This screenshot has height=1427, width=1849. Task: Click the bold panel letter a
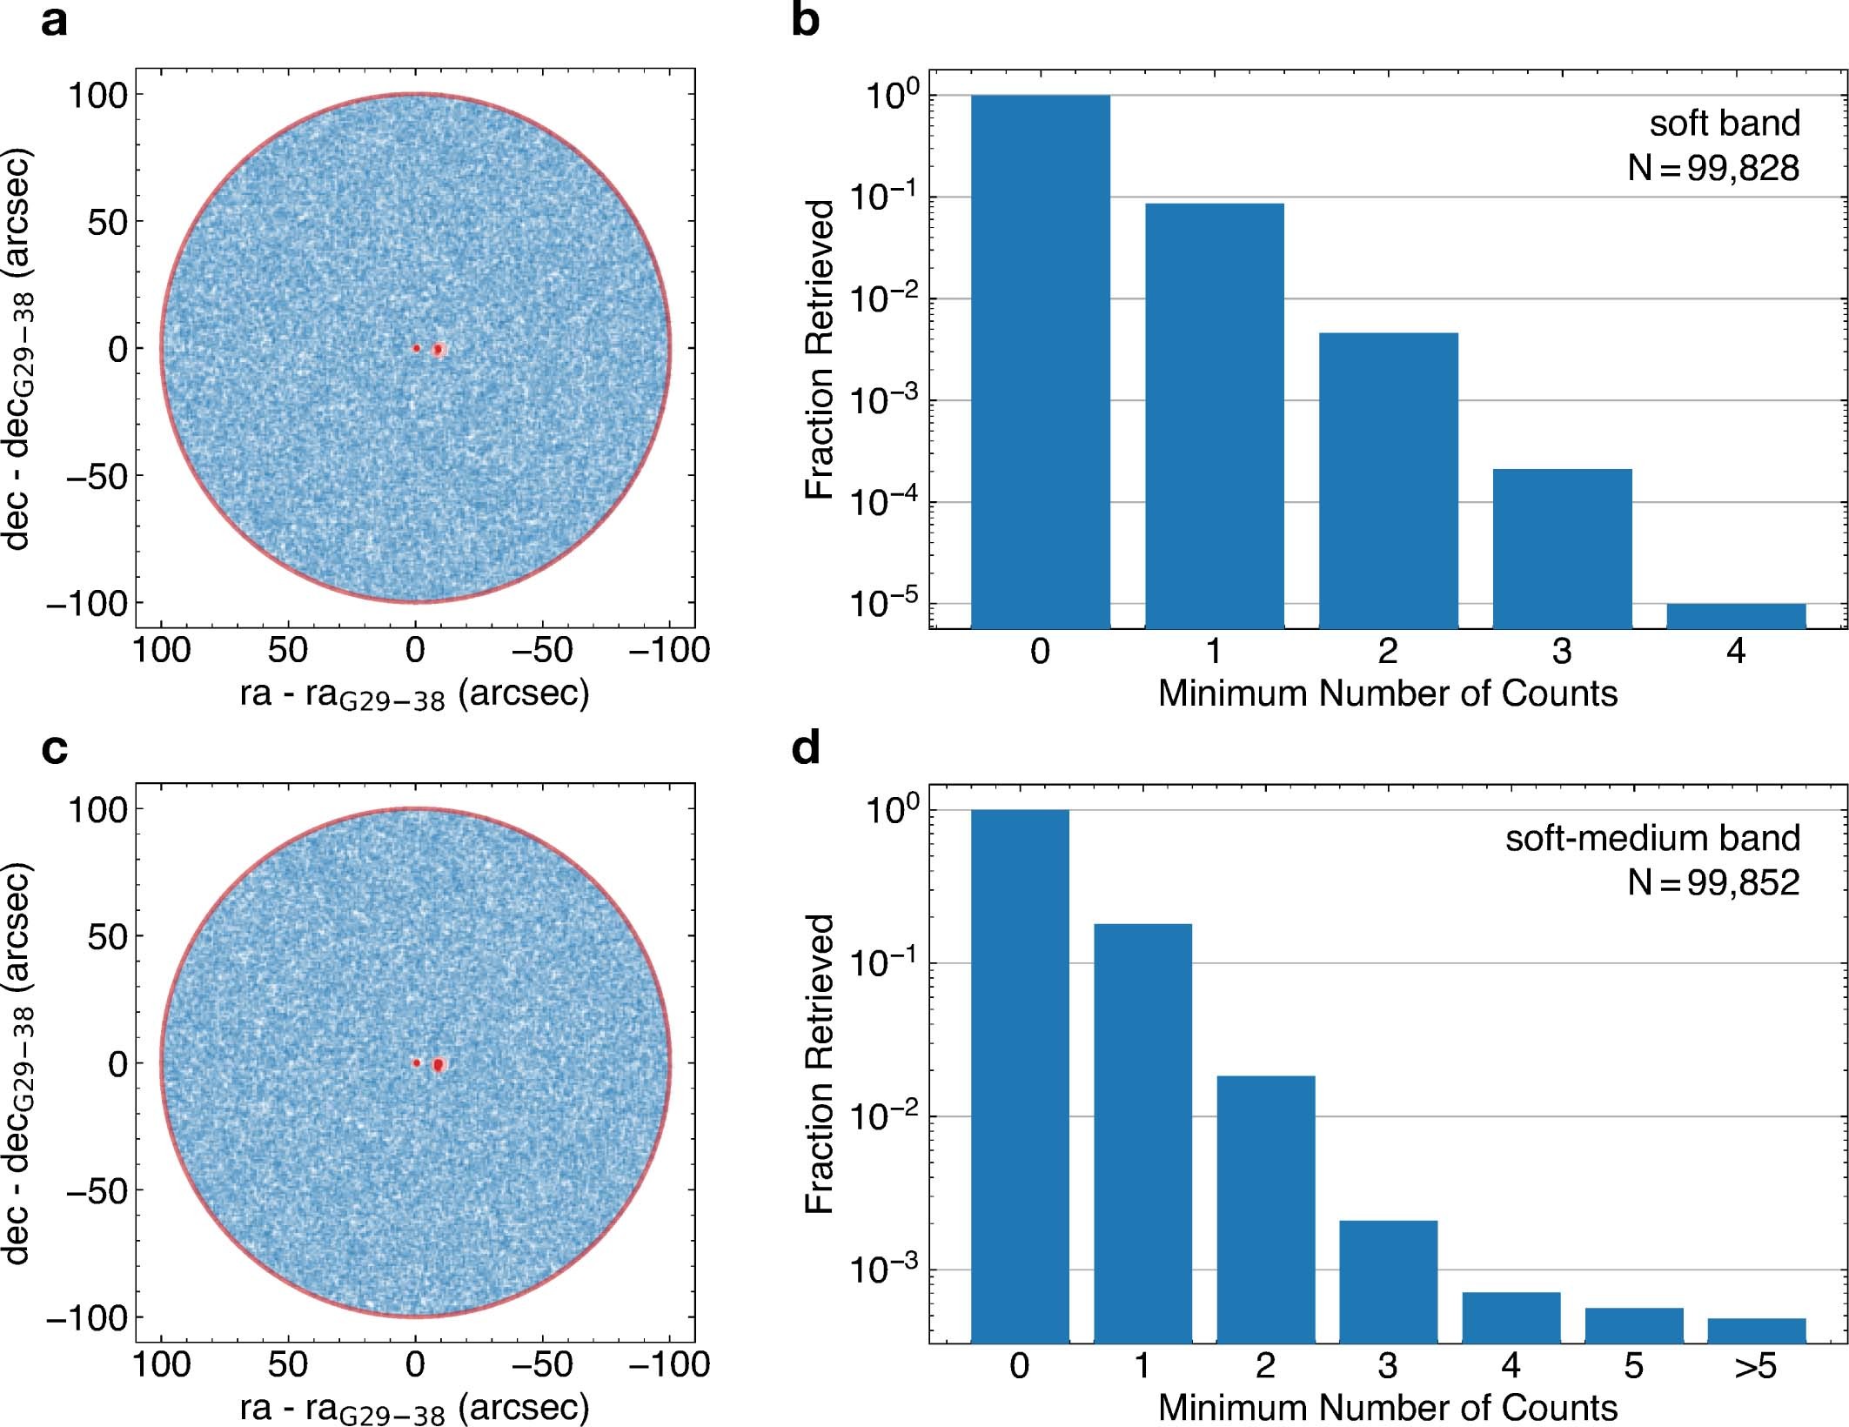(54, 21)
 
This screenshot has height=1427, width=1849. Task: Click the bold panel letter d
(806, 748)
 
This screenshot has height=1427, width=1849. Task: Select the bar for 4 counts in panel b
(1736, 615)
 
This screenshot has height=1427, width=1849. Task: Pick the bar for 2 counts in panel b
(1388, 479)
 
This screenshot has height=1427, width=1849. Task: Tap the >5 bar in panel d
(1756, 1330)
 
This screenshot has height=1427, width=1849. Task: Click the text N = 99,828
(1712, 167)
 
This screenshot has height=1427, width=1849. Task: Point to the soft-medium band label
(1652, 838)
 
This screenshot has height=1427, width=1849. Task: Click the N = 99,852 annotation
(1712, 882)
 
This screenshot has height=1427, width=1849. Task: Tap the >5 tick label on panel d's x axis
(1755, 1366)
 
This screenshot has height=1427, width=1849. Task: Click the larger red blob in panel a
(439, 349)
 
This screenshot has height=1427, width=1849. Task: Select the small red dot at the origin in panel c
(416, 1062)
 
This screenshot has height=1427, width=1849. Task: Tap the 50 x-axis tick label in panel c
(288, 1364)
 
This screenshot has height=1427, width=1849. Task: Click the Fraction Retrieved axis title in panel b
(820, 348)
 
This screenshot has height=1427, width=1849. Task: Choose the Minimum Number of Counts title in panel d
(1387, 1407)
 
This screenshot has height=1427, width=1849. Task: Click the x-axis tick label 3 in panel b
(1562, 651)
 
